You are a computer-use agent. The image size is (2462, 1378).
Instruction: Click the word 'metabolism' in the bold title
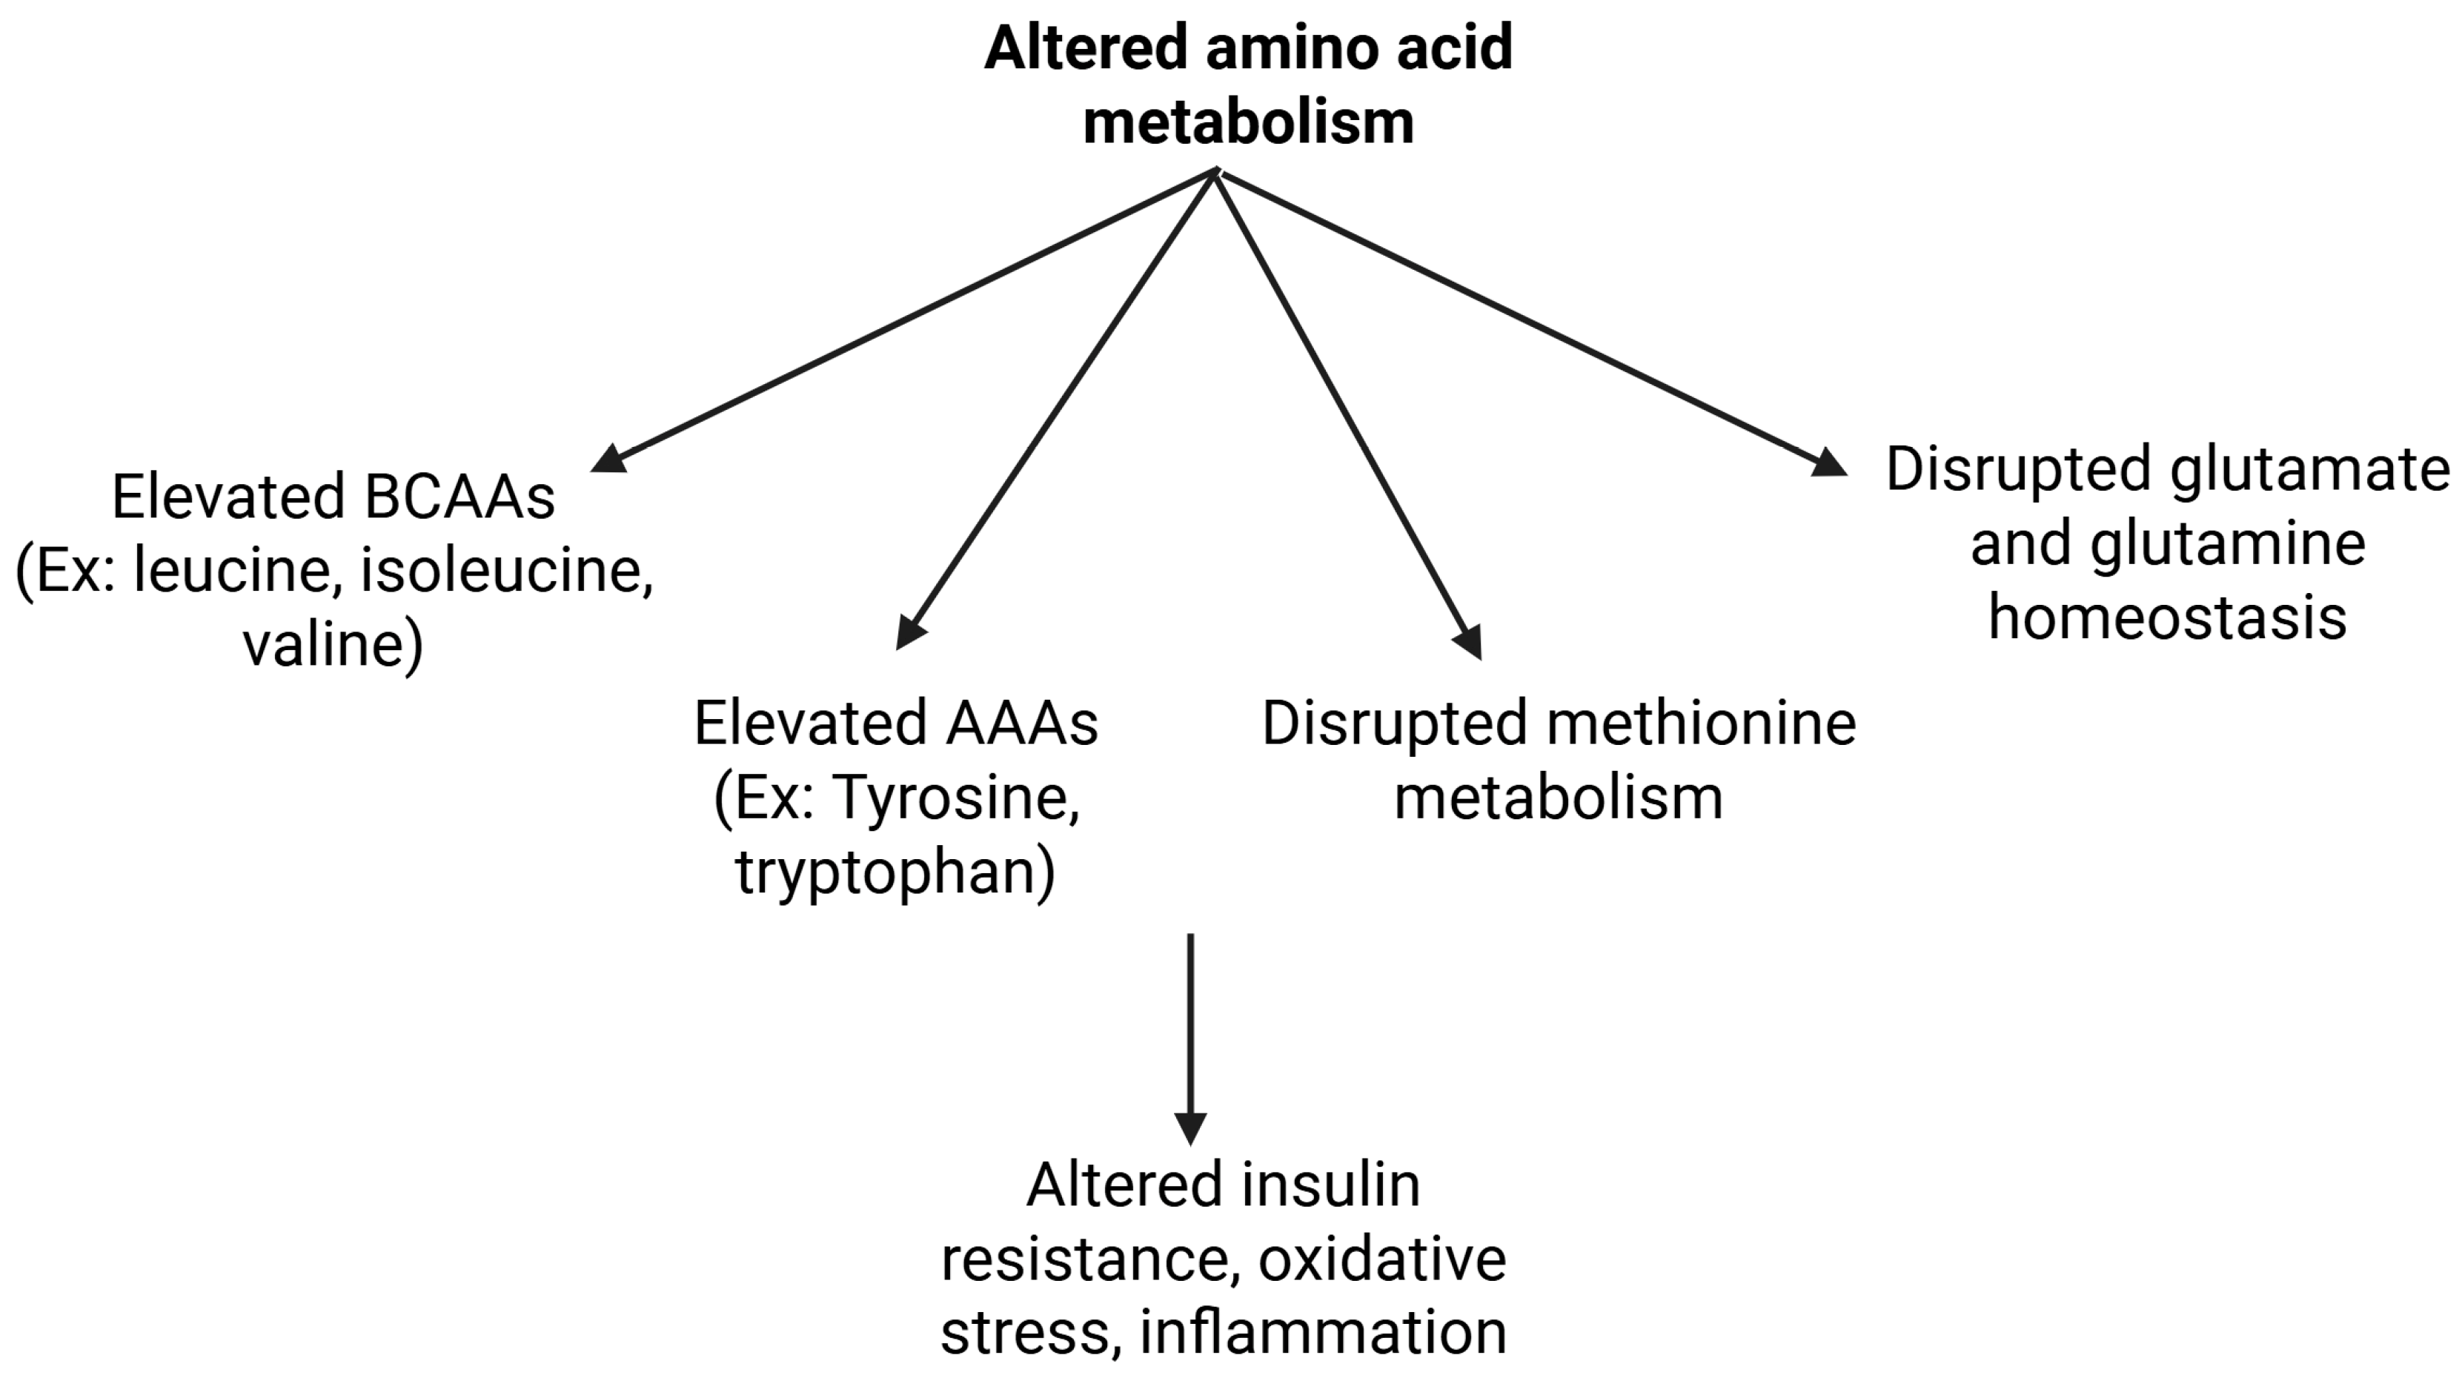pos(1248,122)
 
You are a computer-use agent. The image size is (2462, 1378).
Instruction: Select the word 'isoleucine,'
pos(506,572)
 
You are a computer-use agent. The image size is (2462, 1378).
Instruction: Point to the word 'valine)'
pos(333,646)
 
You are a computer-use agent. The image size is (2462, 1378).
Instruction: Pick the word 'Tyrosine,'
pos(957,797)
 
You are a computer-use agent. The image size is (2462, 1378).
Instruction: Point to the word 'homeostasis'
pos(2168,617)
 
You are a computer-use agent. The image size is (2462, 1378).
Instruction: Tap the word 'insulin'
pos(1331,1185)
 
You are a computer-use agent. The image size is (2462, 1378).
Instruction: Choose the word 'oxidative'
pos(1382,1259)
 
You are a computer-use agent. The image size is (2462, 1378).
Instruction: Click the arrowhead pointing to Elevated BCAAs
pos(610,459)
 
